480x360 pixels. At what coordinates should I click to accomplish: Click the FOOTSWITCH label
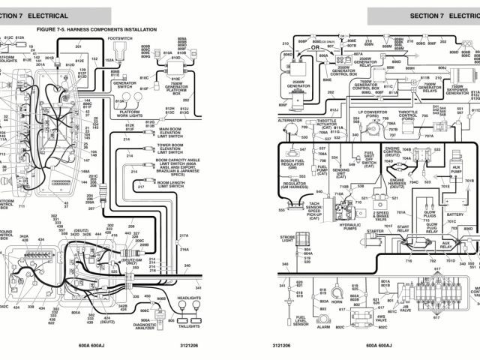pyautogui.click(x=120, y=37)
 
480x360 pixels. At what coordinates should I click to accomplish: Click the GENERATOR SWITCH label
pyautogui.click(x=124, y=85)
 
